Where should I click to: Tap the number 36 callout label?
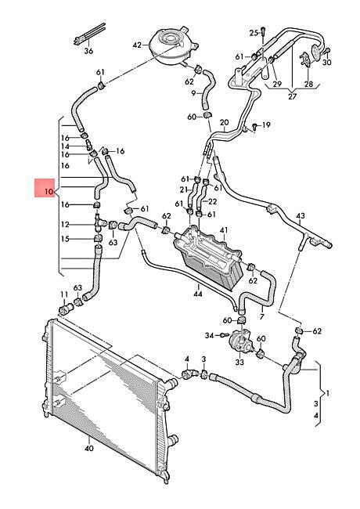pos(88,51)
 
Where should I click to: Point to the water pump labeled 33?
pos(240,341)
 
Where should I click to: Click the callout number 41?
pos(224,230)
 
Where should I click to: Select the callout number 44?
pos(197,294)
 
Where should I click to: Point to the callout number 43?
pos(301,215)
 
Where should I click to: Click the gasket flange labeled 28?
pos(306,59)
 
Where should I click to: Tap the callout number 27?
pos(292,96)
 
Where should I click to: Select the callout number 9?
pos(193,93)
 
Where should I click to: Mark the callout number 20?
pos(224,122)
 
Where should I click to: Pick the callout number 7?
pos(261,316)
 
